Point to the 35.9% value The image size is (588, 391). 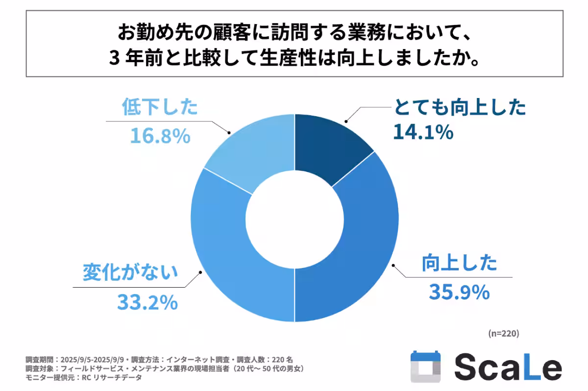pos(459,293)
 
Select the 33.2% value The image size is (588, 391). pos(147,302)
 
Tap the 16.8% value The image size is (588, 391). pos(160,137)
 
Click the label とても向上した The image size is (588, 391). pos(460,107)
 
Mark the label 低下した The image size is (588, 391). pos(159,107)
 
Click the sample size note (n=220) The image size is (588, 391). pos(504,333)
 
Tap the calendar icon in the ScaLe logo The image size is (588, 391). pos(425,366)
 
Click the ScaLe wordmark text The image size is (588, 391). pos(508,367)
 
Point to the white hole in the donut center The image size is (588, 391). pos(294,218)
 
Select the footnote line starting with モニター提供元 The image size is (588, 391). pos(83,377)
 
